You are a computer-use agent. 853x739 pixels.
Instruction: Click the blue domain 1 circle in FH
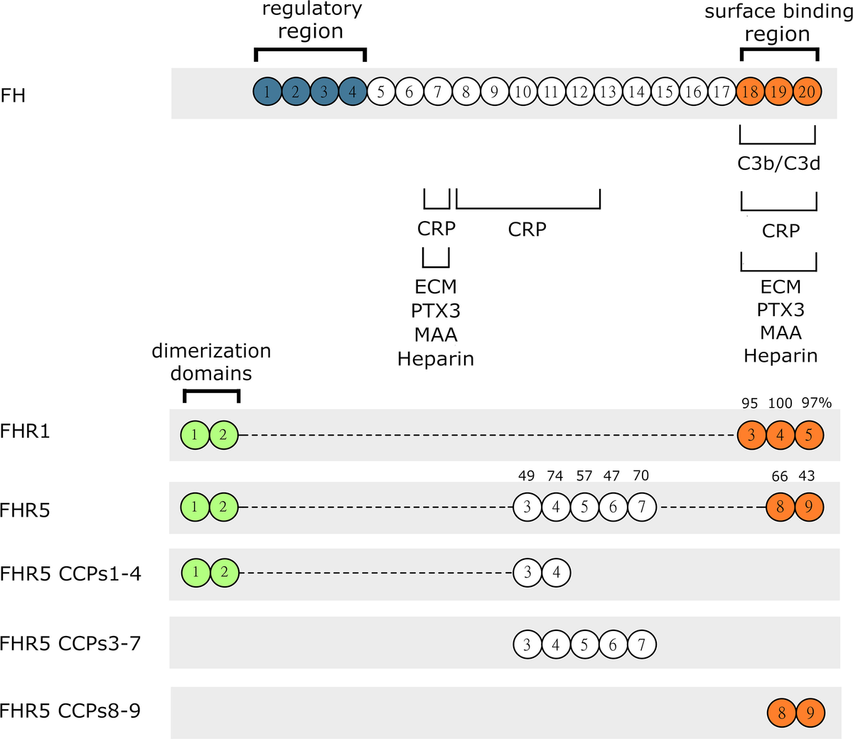267,92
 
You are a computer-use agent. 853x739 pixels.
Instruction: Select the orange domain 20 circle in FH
808,92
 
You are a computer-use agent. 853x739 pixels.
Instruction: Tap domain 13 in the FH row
608,92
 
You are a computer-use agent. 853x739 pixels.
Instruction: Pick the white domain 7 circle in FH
438,92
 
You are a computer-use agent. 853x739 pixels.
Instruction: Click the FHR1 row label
25,431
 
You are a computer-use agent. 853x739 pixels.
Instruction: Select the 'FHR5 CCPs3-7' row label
70,643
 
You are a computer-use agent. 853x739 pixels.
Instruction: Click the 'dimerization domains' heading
211,362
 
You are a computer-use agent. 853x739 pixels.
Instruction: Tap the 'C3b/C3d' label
778,163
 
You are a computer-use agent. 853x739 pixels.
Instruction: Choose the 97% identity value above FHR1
816,403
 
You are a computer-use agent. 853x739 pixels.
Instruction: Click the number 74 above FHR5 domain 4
555,476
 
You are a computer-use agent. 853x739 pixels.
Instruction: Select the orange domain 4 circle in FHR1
780,435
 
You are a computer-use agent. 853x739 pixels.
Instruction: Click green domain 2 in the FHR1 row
223,435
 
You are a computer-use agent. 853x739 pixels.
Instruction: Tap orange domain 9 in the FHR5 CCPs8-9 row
810,713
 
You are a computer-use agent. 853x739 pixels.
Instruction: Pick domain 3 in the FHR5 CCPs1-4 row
527,572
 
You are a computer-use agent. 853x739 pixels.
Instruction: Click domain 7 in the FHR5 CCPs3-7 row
642,645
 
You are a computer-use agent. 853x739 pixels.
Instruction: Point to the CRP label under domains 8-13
527,230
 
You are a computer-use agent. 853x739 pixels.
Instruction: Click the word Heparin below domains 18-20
780,355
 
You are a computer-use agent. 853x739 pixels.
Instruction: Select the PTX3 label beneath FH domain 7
436,311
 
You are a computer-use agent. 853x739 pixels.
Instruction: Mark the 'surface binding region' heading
778,23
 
